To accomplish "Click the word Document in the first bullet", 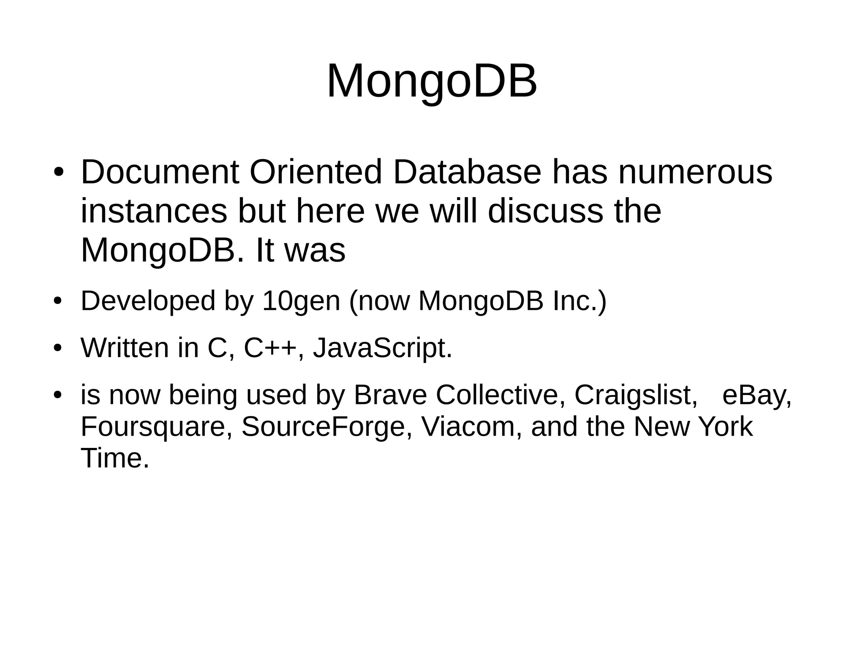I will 160,172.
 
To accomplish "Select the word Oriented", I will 316,172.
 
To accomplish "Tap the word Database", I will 467,172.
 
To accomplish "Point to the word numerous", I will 695,172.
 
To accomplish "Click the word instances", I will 154,211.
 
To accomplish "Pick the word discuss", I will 545,211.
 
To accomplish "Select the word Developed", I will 148,301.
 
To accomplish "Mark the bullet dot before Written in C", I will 58,348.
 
